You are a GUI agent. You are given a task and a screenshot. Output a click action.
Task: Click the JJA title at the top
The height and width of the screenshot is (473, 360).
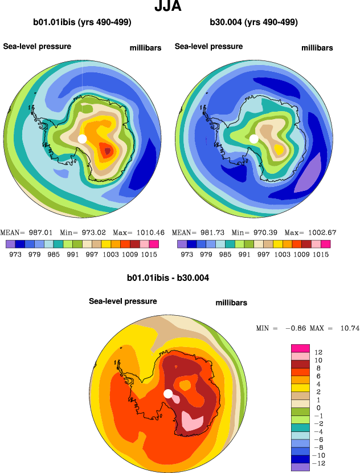[x=168, y=7]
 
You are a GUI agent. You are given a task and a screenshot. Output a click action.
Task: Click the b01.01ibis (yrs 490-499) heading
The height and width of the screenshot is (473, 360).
[x=83, y=23]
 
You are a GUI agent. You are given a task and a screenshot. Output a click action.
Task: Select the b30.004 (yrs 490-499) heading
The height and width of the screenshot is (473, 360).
[x=254, y=23]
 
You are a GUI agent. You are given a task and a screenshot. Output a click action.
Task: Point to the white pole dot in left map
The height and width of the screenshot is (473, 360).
[x=82, y=138]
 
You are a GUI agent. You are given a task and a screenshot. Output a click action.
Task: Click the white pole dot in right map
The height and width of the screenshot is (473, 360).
[x=254, y=138]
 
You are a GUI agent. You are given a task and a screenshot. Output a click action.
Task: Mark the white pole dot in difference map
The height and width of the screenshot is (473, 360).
[x=168, y=394]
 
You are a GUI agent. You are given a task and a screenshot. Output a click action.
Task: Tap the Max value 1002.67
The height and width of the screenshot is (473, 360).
[x=322, y=233]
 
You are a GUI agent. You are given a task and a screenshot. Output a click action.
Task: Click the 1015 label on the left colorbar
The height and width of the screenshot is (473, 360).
[x=149, y=254]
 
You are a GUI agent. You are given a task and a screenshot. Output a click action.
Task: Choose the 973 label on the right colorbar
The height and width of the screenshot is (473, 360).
[x=187, y=254]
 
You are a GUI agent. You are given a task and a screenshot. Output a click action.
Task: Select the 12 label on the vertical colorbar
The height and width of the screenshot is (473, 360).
[x=318, y=353]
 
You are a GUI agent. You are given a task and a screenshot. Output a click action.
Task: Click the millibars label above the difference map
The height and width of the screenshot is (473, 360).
[x=231, y=303]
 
